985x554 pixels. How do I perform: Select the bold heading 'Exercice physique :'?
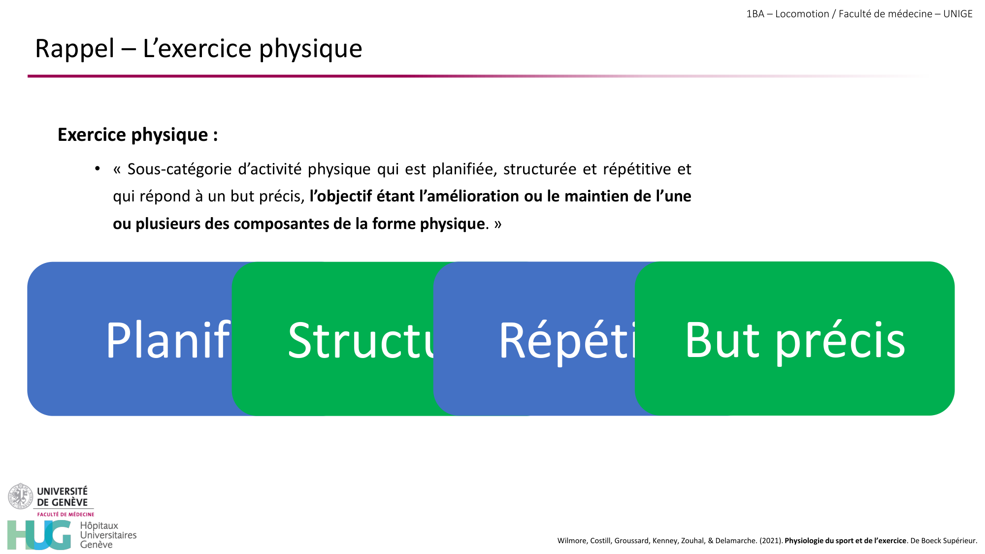click(x=137, y=134)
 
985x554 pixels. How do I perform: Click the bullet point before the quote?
click(x=98, y=169)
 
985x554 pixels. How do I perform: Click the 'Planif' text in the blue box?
click(x=168, y=340)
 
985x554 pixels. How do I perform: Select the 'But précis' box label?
click(x=794, y=340)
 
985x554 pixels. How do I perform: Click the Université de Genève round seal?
click(x=20, y=496)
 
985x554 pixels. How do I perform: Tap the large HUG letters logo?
click(x=39, y=535)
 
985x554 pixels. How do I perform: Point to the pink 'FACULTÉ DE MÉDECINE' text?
click(x=66, y=514)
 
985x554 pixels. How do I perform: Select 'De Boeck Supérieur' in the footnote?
click(x=943, y=541)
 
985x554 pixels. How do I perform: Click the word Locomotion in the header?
click(x=802, y=14)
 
